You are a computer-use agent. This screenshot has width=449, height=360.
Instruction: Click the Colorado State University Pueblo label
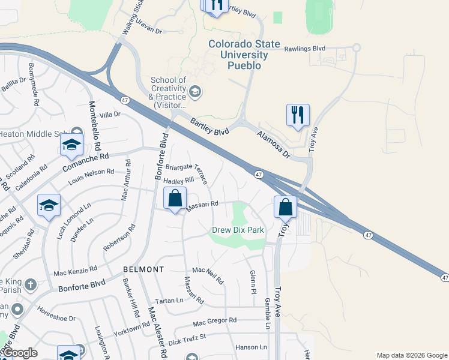pyautogui.click(x=236, y=55)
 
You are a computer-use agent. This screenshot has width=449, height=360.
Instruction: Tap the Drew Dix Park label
pyautogui.click(x=238, y=230)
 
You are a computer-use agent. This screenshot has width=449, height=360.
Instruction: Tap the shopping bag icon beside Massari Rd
pyautogui.click(x=175, y=199)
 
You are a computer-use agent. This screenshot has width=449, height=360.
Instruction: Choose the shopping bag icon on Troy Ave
pyautogui.click(x=286, y=207)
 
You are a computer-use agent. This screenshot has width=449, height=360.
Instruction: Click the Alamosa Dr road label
pyautogui.click(x=274, y=145)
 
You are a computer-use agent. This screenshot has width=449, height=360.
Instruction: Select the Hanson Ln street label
pyautogui.click(x=251, y=347)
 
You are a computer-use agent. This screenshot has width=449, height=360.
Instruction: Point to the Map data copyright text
pyautogui.click(x=412, y=355)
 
